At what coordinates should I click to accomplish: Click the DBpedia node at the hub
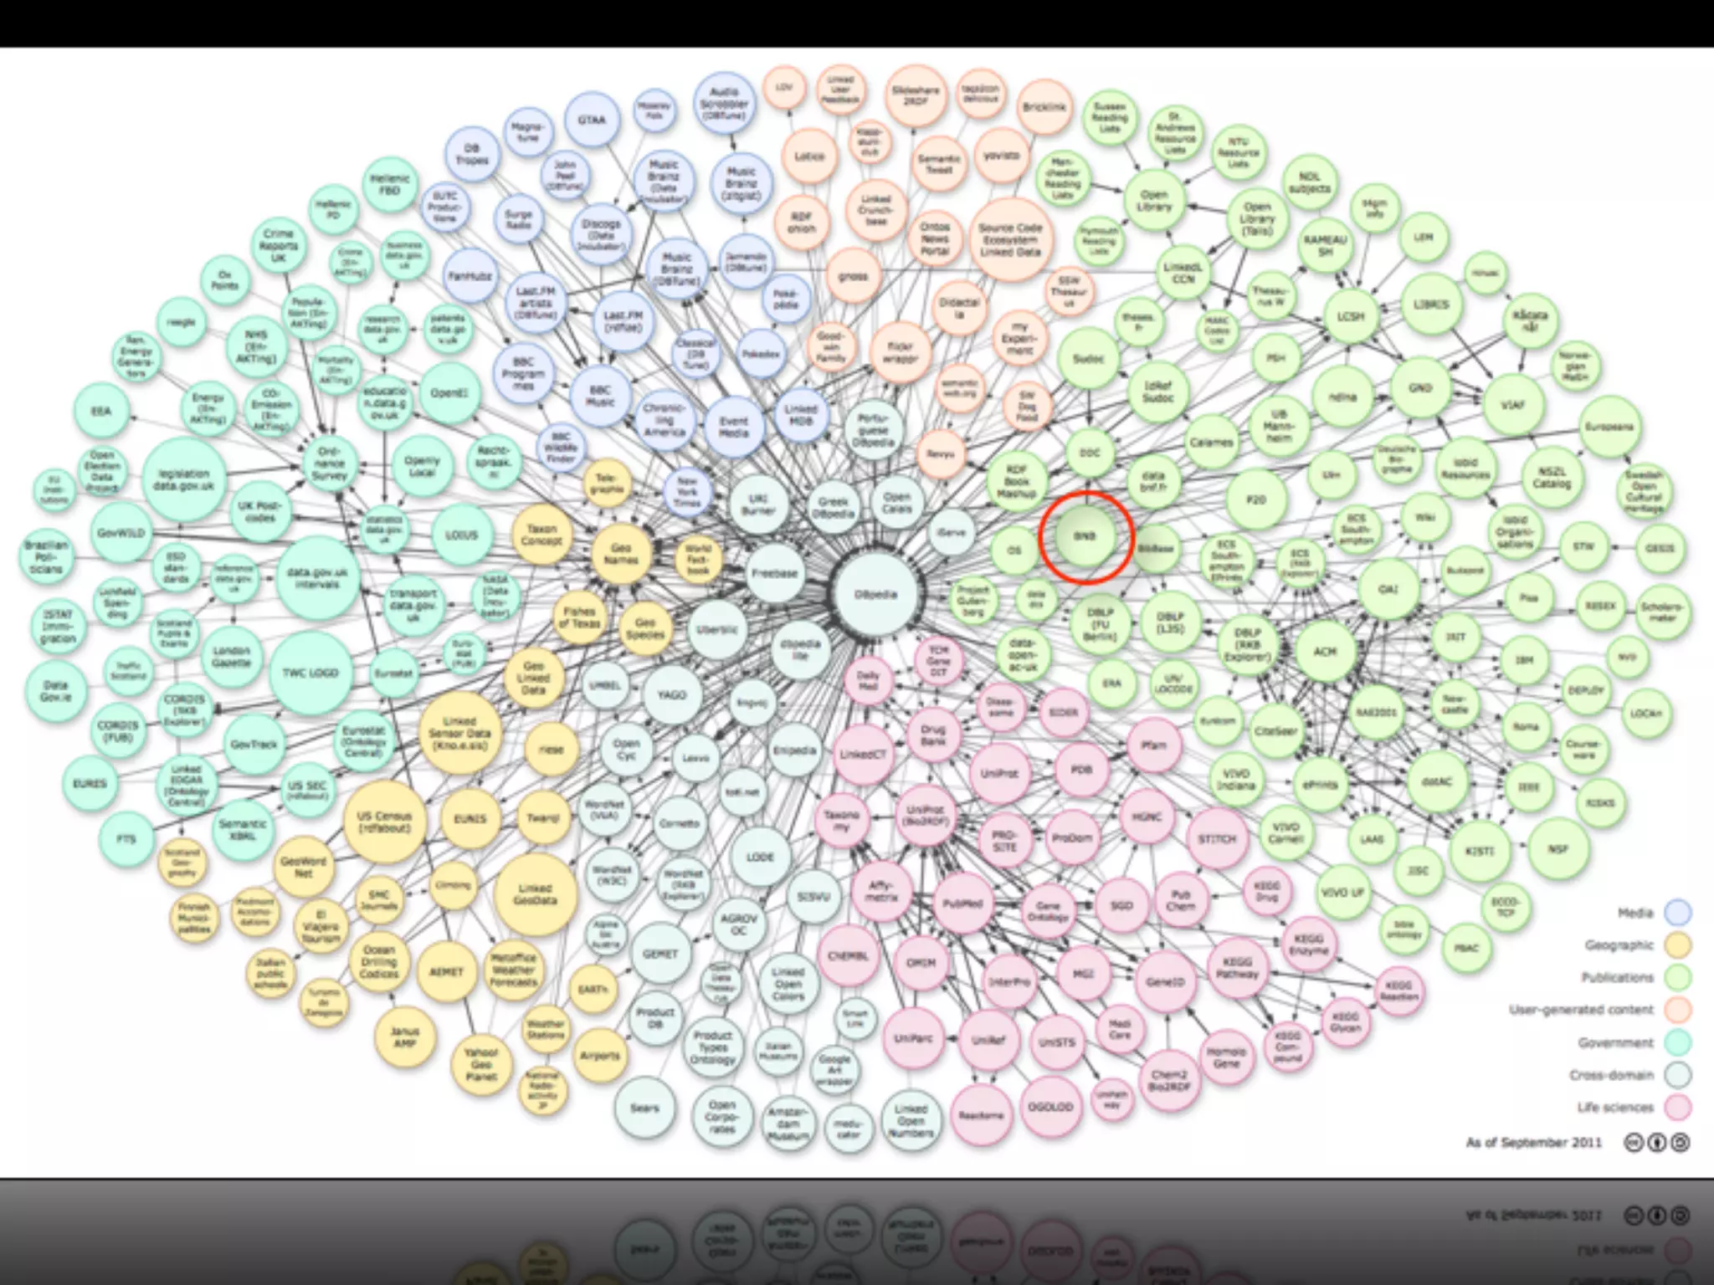tap(875, 595)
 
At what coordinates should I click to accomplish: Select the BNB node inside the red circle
tap(1085, 536)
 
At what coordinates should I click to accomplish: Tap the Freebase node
tap(774, 574)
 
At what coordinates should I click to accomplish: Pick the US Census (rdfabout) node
tap(384, 821)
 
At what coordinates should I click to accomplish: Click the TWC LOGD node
tap(310, 673)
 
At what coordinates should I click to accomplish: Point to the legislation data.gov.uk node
tap(184, 479)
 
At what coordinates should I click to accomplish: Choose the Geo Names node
tap(621, 554)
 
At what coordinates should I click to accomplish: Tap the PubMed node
tap(962, 904)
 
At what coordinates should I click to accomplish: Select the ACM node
tap(1325, 651)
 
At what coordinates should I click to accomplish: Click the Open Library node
tap(1154, 201)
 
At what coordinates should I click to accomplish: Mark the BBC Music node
tap(599, 396)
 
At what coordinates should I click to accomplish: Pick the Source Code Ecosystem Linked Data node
tap(1010, 239)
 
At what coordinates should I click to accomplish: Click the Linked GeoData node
tap(535, 893)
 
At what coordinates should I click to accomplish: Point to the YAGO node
tap(671, 694)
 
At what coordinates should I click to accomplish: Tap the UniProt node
tap(998, 773)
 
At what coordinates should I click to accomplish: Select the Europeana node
tap(1609, 427)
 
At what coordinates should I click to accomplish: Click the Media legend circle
tap(1677, 913)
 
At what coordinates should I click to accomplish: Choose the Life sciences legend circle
tap(1677, 1108)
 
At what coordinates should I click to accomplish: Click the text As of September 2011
tap(1533, 1142)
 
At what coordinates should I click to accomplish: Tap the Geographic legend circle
tap(1677, 945)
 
